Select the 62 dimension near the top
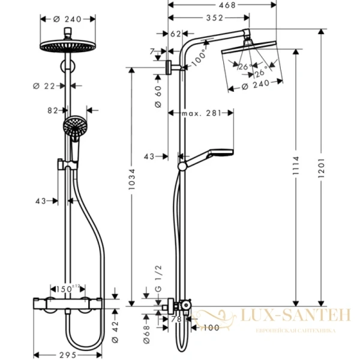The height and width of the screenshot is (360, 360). pyautogui.click(x=175, y=34)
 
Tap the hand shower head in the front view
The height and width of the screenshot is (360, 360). pyautogui.click(x=73, y=127)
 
